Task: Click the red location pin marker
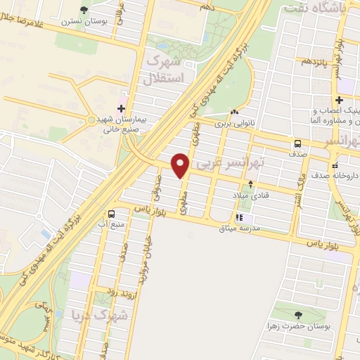click(181, 165)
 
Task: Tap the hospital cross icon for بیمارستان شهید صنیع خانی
click(121, 108)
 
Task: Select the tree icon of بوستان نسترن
click(84, 9)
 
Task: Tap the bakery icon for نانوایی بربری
click(234, 112)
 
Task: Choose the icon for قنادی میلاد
click(251, 184)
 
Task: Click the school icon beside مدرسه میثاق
click(239, 218)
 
